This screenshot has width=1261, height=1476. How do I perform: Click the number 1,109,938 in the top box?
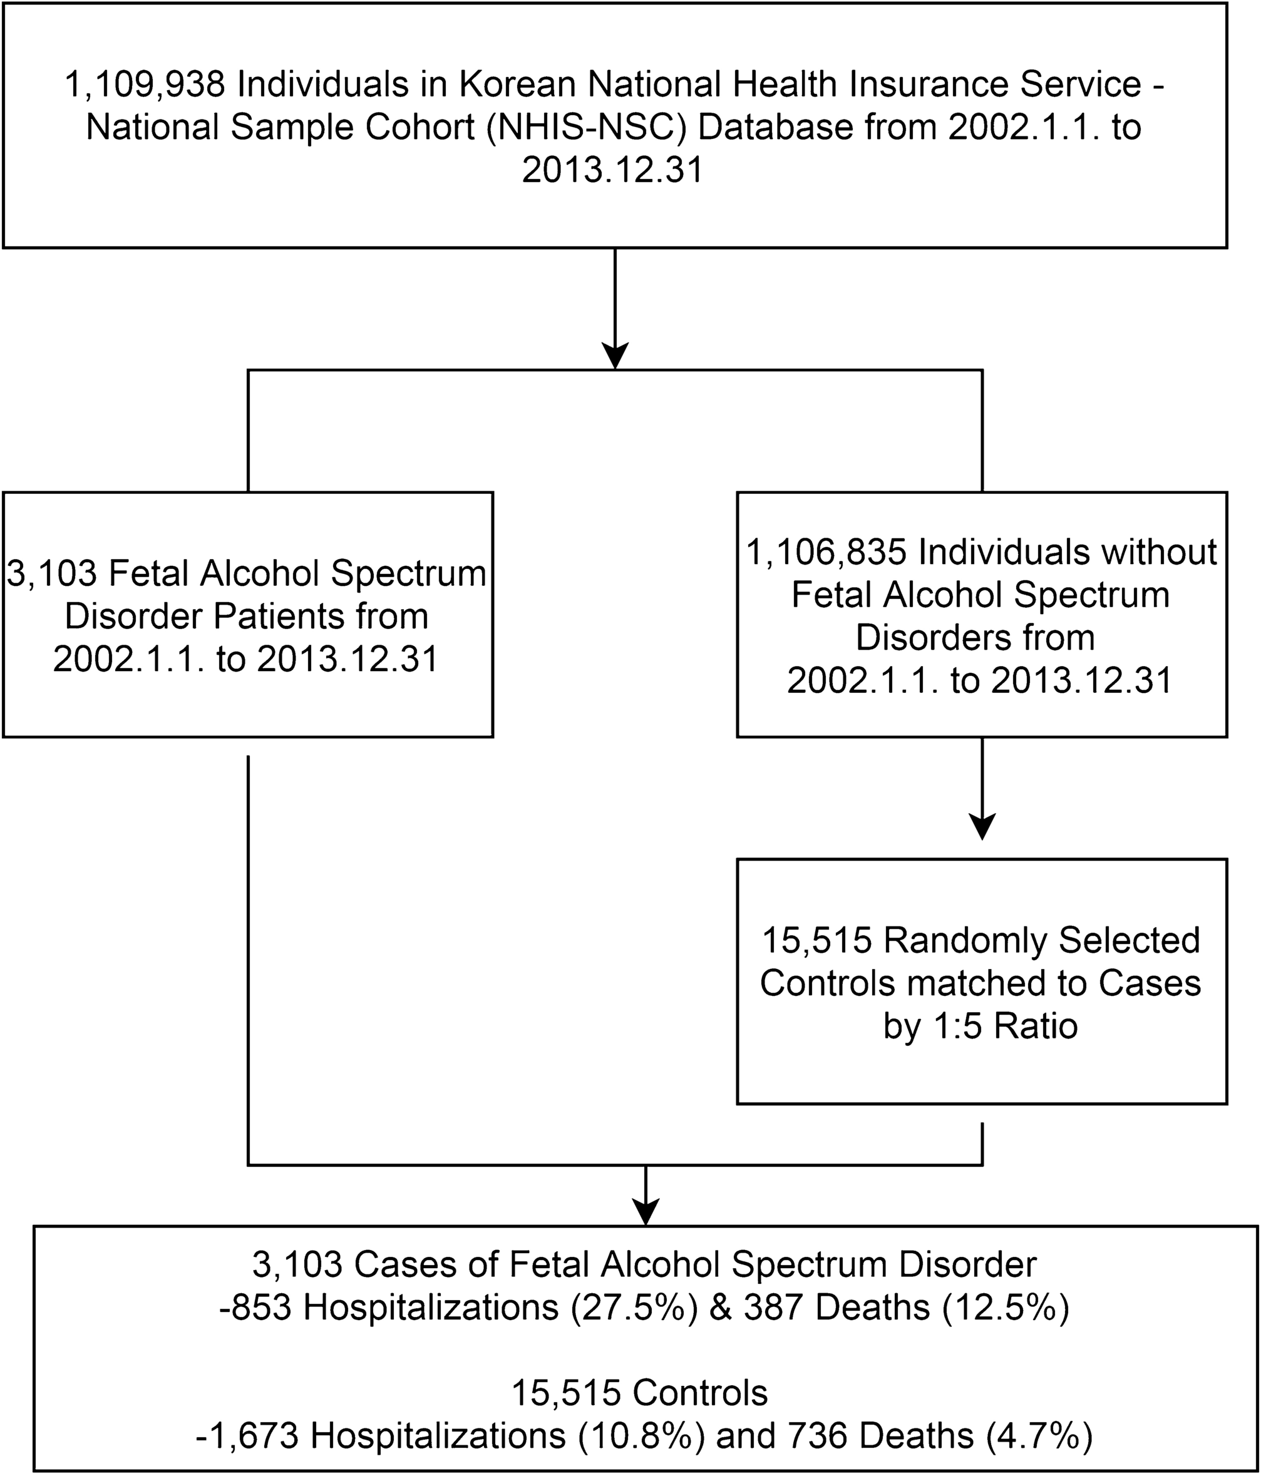point(145,85)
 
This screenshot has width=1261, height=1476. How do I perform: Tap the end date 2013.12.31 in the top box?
point(613,170)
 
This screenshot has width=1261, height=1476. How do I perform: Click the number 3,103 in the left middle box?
point(51,573)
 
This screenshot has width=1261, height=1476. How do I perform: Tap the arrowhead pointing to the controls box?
point(982,827)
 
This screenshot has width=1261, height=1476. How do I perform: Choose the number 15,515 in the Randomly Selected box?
point(817,940)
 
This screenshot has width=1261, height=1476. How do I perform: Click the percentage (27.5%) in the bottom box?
point(634,1307)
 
